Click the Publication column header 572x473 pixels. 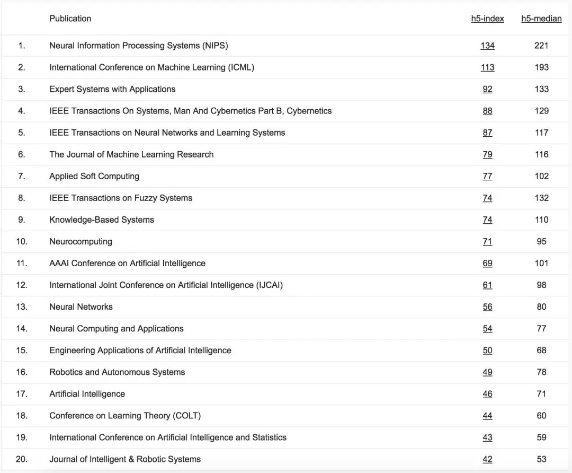click(70, 19)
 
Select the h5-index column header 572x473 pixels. click(487, 19)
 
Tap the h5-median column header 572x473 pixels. click(541, 19)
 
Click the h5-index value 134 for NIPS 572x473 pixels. click(487, 46)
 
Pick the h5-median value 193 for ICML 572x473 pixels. click(541, 67)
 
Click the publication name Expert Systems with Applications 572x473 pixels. click(112, 89)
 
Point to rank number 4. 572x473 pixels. click(22, 111)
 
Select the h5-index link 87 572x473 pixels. click(487, 133)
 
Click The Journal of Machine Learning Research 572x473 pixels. click(131, 154)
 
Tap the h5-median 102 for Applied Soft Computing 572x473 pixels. click(541, 176)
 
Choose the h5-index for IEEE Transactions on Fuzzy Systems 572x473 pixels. click(487, 198)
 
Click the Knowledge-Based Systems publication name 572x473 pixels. click(102, 220)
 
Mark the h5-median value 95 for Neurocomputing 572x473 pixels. click(541, 241)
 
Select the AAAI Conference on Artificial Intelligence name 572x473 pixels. click(127, 263)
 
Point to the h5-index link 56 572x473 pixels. click(487, 306)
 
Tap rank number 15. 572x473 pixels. click(22, 350)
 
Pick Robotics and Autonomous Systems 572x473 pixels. click(117, 372)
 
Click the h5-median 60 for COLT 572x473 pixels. click(541, 415)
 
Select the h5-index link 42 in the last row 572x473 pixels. click(487, 459)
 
